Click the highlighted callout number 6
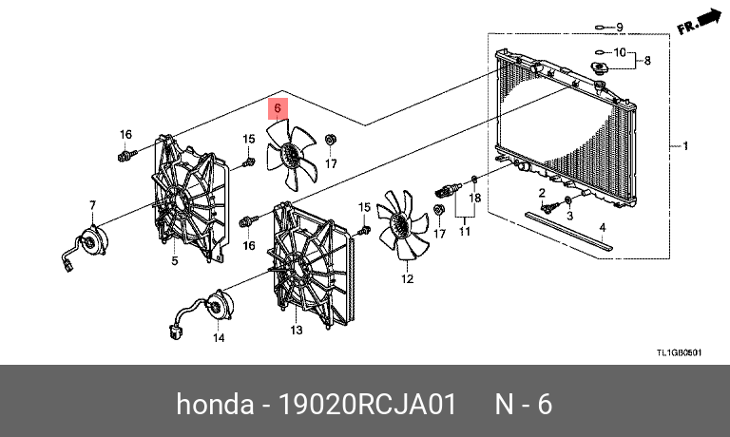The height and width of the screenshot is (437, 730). coord(278,108)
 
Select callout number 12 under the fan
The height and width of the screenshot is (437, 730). coord(407,279)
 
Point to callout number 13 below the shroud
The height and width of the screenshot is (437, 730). coord(296,330)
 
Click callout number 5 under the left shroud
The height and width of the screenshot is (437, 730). coord(175,260)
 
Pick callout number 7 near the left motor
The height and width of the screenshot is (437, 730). coord(93,205)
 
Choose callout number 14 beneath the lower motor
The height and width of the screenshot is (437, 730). coord(218,337)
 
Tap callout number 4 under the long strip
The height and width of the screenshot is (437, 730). coord(602,228)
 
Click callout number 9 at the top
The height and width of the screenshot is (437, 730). coord(619,27)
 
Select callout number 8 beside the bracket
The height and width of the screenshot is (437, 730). coord(648,61)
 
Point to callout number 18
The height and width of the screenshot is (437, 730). coord(476,198)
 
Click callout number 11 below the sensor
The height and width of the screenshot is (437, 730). coord(465,231)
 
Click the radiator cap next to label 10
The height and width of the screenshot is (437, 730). coord(600,71)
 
